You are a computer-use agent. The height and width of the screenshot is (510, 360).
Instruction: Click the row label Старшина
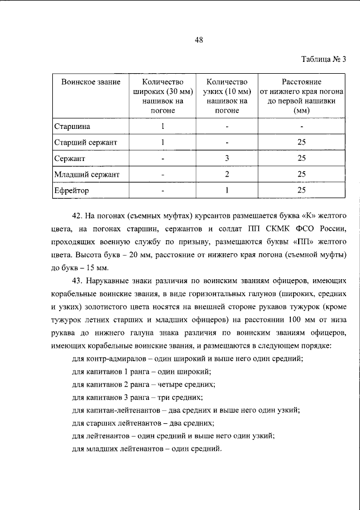click(x=71, y=126)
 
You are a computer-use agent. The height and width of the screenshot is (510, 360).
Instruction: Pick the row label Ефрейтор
click(x=71, y=190)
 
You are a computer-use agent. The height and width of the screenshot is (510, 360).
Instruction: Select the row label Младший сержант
click(x=87, y=175)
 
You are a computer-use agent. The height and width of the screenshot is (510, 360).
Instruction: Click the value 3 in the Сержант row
click(x=227, y=158)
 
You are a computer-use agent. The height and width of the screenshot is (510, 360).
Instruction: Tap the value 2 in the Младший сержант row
click(x=227, y=175)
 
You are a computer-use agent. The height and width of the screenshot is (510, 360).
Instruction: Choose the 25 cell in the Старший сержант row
click(x=301, y=142)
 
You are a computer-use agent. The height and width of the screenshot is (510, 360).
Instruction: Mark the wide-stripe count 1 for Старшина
click(x=163, y=126)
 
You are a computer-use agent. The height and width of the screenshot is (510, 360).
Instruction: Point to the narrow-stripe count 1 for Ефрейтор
click(x=227, y=190)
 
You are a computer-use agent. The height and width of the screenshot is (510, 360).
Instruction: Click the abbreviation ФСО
click(x=303, y=230)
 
